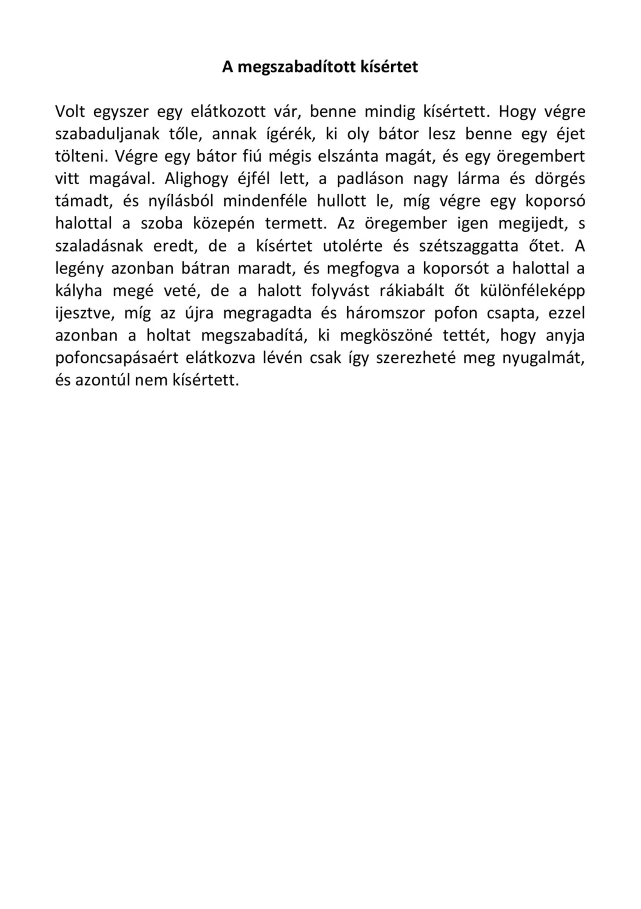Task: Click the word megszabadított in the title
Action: coord(298,67)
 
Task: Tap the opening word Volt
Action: coord(70,112)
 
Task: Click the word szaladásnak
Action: coord(99,246)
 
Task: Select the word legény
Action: coord(79,268)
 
